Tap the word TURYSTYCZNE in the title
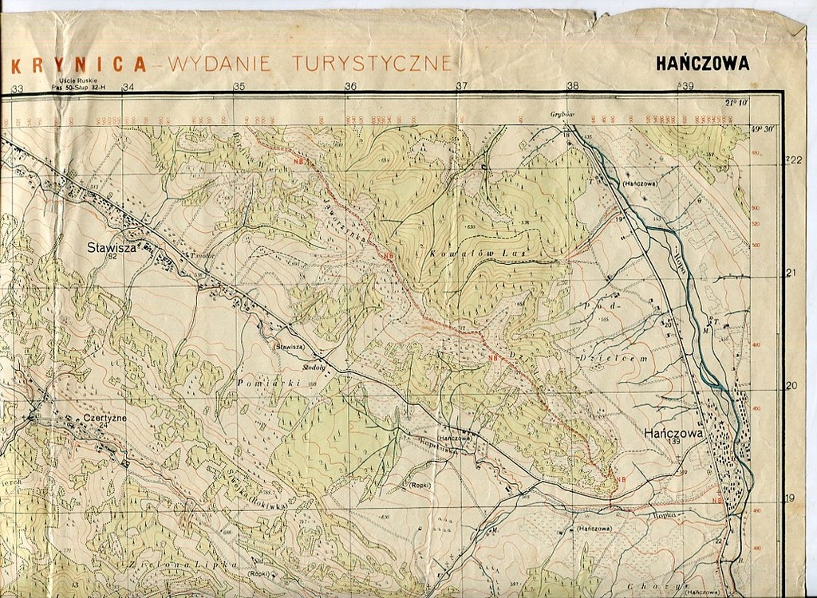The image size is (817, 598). click(x=373, y=63)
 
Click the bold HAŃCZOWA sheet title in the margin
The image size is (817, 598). click(x=702, y=64)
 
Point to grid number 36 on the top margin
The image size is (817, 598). click(x=350, y=86)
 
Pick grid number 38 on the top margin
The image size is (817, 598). click(x=573, y=86)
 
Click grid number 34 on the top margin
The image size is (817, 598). click(x=128, y=87)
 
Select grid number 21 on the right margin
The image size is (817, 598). click(x=791, y=273)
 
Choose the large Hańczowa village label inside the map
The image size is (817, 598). click(x=673, y=433)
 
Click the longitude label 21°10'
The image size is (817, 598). click(x=736, y=103)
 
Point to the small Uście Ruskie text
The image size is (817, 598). click(x=73, y=81)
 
